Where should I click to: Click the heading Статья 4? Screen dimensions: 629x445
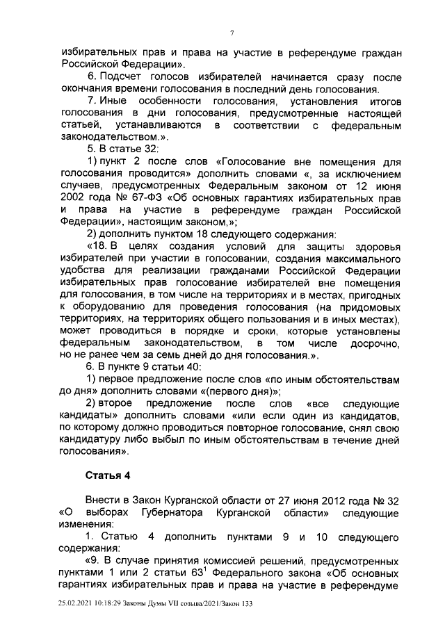tap(108, 475)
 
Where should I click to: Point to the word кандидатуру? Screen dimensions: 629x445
tap(92, 439)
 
